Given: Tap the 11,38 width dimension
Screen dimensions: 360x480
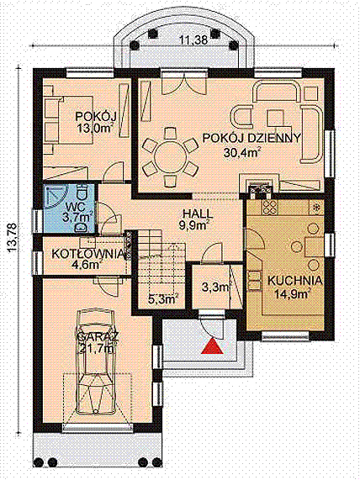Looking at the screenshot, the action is [x=193, y=40].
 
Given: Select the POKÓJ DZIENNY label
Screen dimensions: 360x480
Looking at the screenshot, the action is [x=251, y=138].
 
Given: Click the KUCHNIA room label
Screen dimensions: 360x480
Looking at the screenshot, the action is [x=294, y=281].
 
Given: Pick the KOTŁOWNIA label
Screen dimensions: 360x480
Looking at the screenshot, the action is [x=88, y=254].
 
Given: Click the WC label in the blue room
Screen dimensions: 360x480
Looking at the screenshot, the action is [x=74, y=205].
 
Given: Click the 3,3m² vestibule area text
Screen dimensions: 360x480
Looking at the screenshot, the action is [x=216, y=287].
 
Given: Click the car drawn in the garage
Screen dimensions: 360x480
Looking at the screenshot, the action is [x=96, y=361].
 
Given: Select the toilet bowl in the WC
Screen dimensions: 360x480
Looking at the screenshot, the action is [x=82, y=192].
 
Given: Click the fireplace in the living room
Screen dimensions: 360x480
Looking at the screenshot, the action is [x=260, y=186].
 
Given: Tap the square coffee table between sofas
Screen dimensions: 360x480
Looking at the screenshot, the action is [x=276, y=118].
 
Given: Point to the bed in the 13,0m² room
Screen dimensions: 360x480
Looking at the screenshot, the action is [x=69, y=119].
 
